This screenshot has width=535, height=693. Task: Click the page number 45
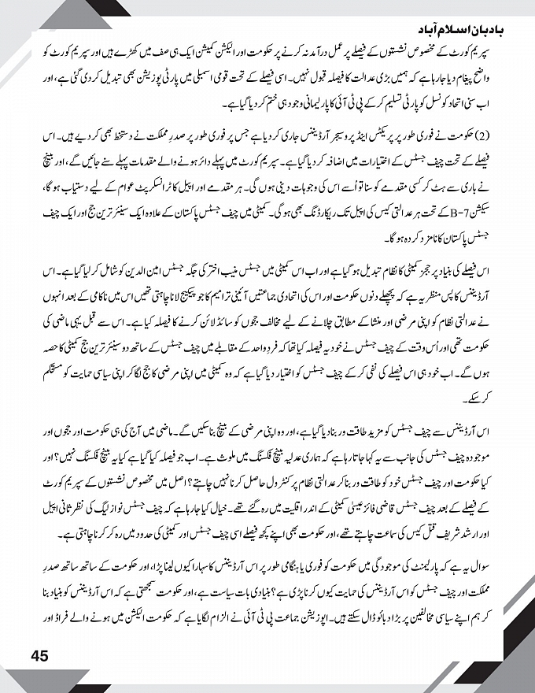pos(41,654)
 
